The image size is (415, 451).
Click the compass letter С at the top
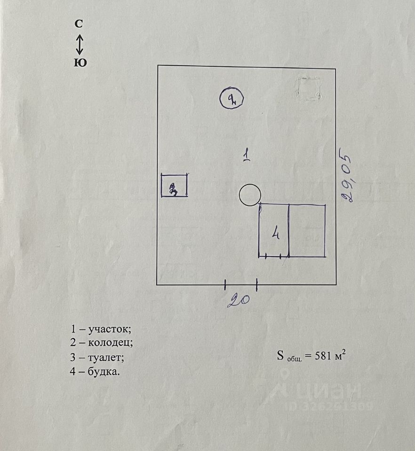coord(79,24)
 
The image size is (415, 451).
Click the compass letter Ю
coord(80,63)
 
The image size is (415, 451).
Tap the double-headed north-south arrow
coord(80,44)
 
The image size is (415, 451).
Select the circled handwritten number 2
coord(231,99)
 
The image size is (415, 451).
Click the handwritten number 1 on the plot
coord(246,155)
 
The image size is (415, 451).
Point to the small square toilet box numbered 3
coord(174,185)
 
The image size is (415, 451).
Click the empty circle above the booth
coord(250,194)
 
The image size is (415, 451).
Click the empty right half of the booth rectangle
coord(307,231)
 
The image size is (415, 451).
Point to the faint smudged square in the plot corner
coord(309,88)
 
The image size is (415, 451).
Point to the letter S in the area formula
coord(280,355)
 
